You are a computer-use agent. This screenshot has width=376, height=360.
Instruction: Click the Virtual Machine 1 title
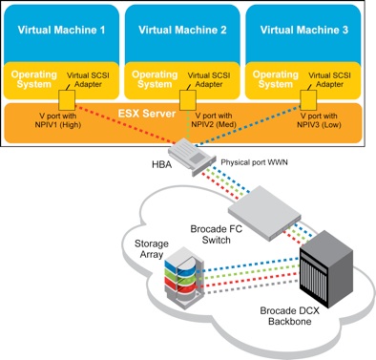coord(62,29)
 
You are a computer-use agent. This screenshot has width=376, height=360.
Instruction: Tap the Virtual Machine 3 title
coord(303,29)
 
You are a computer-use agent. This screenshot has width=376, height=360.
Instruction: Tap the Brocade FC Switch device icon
coord(259,208)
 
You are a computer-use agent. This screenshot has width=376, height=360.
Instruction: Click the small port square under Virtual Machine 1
coord(66,97)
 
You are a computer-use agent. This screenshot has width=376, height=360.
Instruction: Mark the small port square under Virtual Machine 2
coord(187,97)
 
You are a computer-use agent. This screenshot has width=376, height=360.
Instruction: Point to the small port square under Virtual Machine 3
coord(306,97)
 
